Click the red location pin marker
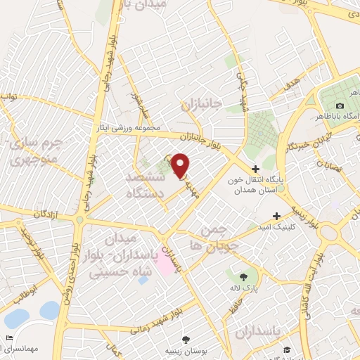pos(180,165)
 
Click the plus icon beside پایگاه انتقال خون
pos(255,169)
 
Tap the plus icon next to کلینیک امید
pos(277,216)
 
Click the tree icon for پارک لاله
pos(243,276)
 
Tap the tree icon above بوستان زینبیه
pos(186,339)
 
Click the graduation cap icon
pos(288,349)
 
